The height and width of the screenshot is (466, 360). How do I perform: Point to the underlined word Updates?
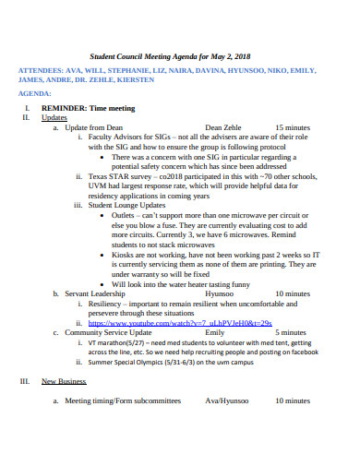54,118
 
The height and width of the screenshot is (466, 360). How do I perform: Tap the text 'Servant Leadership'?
95,293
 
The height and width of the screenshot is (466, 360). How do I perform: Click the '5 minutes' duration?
292,332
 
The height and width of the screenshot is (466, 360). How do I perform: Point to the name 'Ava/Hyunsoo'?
227,400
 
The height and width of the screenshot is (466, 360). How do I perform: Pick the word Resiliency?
110,304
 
